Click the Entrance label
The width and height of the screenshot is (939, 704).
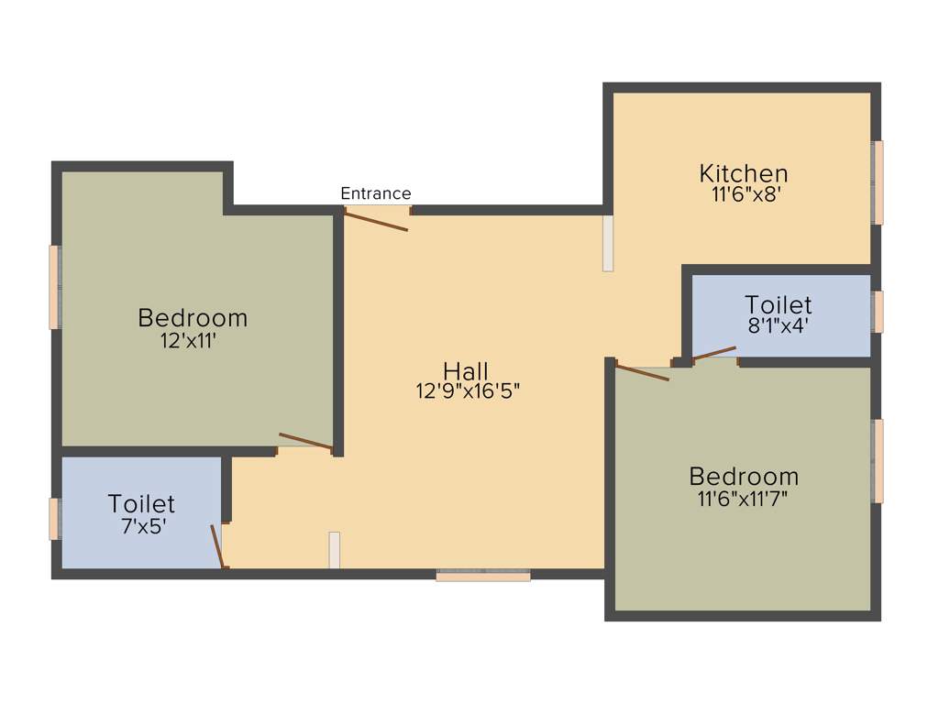pos(376,193)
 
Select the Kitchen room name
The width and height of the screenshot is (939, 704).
pos(743,172)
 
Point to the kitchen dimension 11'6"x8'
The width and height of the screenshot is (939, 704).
pos(743,193)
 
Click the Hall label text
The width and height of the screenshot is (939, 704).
pos(466,370)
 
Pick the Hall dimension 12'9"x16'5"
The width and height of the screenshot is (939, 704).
pos(468,390)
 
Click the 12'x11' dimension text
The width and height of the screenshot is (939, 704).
pos(193,339)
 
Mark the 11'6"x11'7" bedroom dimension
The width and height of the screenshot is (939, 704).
pos(743,498)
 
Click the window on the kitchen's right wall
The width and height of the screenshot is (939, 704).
pos(878,182)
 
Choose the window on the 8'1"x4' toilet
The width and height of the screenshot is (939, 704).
pos(878,312)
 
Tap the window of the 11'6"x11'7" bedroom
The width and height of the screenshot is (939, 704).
pos(878,461)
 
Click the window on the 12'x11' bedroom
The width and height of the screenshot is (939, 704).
pos(55,287)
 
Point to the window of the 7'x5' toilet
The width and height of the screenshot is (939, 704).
pos(54,519)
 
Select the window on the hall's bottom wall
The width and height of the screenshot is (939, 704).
pos(483,575)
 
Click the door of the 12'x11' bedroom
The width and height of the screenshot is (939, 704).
pos(305,441)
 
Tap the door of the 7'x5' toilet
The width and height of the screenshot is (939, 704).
pos(217,546)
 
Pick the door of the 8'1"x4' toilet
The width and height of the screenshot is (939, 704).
pos(714,354)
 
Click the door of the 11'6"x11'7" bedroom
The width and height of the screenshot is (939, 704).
pos(643,372)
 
